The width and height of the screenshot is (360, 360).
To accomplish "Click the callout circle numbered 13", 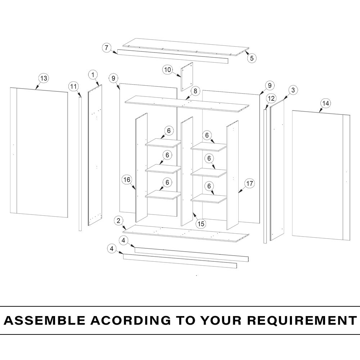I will (x=44, y=78).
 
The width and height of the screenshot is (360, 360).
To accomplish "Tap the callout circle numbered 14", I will (x=325, y=103).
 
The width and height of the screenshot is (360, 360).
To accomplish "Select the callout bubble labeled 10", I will (x=167, y=70).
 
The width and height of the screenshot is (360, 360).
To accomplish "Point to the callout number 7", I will (x=106, y=48).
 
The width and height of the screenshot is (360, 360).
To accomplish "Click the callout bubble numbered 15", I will (x=201, y=224).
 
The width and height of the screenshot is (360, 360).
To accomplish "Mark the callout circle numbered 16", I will (x=127, y=180).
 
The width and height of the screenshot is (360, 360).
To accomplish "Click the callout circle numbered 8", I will (x=195, y=91).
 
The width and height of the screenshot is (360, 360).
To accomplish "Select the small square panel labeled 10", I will (x=187, y=76).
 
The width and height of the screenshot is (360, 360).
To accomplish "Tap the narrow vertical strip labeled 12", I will (x=265, y=176).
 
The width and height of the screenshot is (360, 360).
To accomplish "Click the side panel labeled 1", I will (x=95, y=155).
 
